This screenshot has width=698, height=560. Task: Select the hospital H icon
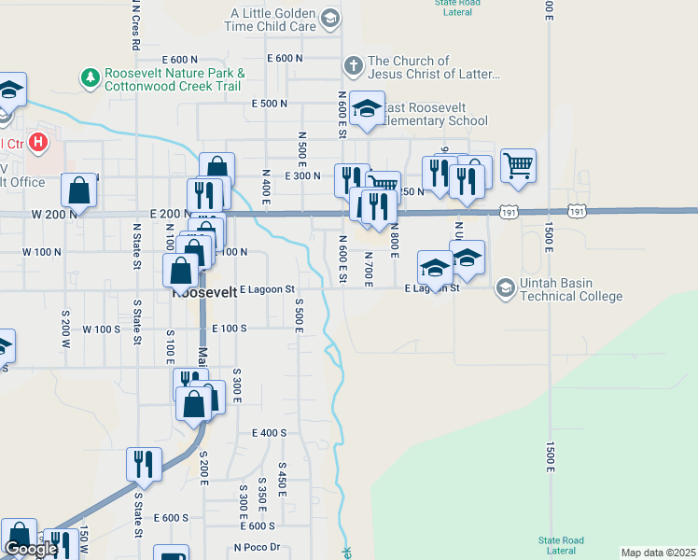[x=38, y=143]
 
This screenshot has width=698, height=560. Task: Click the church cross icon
[x=353, y=66]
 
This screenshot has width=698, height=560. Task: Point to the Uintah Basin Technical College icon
[x=505, y=288]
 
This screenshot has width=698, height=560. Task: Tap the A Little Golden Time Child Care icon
[x=329, y=19]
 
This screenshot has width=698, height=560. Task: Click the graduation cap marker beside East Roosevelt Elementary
[x=368, y=108]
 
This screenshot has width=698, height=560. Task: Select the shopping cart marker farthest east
[x=519, y=166]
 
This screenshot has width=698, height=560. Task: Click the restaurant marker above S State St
[x=144, y=465]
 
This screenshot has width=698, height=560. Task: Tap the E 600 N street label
[x=284, y=58]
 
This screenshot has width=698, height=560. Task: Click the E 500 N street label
[x=269, y=104]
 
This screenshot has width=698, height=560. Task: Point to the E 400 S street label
[x=269, y=432]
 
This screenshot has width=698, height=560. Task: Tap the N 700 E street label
[x=368, y=269]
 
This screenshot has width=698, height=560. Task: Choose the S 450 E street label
[x=282, y=477]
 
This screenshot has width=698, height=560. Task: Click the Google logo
[x=30, y=549]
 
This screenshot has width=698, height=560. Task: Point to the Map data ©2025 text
[x=657, y=553]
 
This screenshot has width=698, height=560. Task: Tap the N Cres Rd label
[x=136, y=26]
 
